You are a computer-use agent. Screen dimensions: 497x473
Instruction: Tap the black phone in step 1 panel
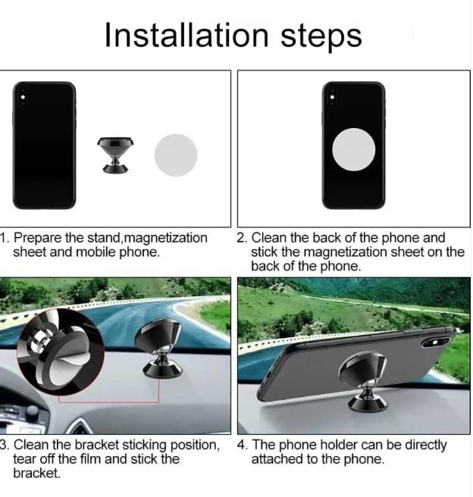[44, 145]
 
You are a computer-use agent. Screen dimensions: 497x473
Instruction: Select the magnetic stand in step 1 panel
[117, 155]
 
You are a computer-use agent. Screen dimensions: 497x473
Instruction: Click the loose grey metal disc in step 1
[176, 155]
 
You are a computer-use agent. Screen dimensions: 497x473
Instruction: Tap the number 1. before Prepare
[5, 238]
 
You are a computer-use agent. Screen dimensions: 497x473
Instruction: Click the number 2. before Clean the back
[242, 238]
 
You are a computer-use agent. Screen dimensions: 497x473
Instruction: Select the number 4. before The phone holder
[242, 445]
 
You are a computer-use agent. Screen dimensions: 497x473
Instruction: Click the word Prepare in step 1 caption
[38, 238]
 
